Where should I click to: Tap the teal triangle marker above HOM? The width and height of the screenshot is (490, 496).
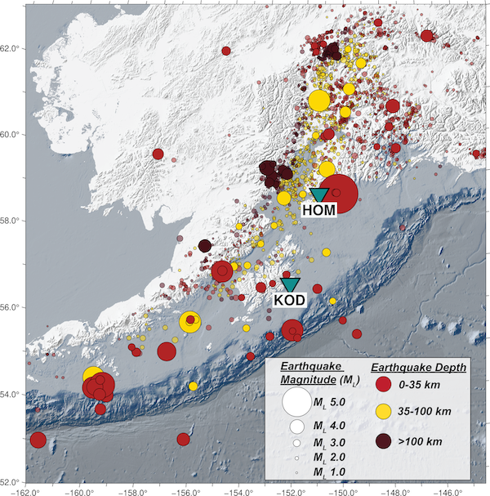319,194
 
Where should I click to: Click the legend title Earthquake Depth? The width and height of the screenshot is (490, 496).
417,367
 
